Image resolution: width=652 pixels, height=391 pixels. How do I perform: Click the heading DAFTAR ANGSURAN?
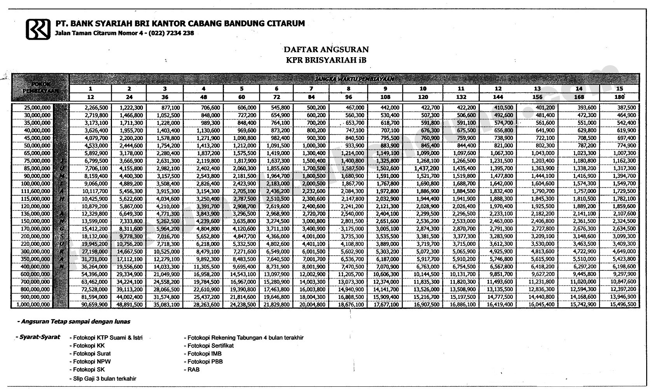[326, 49]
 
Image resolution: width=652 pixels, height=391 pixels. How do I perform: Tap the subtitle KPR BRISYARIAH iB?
[326, 60]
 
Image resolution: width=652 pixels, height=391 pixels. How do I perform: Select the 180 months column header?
[619, 97]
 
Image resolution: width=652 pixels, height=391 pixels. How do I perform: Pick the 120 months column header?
[423, 97]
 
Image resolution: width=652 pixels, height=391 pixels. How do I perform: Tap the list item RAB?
[193, 370]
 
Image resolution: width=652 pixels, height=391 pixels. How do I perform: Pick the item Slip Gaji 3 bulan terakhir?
[105, 379]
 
